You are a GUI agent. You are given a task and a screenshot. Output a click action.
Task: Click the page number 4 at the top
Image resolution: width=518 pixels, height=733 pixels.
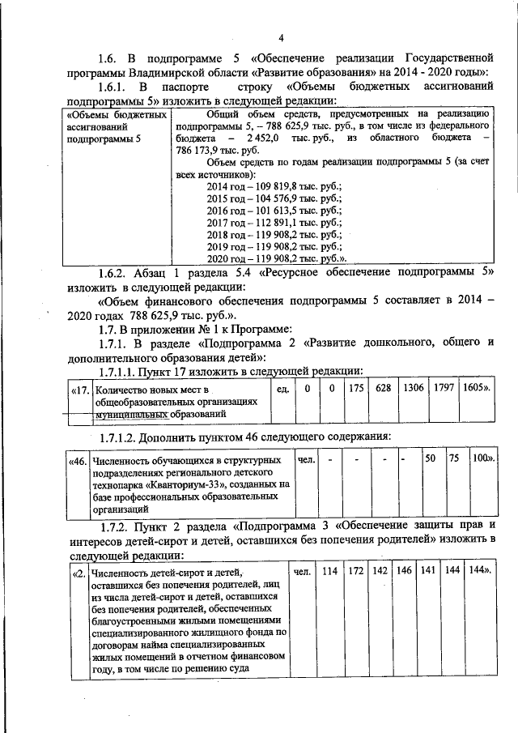280,38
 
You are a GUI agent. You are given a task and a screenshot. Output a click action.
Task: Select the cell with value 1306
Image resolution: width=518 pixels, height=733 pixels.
414,388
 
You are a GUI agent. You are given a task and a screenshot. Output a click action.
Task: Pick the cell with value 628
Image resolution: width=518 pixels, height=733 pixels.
384,388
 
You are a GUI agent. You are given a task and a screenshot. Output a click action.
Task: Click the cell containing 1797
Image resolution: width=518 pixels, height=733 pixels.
444,388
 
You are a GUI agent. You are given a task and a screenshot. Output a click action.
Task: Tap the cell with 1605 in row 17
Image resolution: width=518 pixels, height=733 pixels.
477,388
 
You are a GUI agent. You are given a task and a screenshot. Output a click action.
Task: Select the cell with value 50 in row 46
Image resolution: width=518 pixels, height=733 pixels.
431,458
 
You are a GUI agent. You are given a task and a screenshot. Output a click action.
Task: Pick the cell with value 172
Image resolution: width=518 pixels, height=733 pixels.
355,570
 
